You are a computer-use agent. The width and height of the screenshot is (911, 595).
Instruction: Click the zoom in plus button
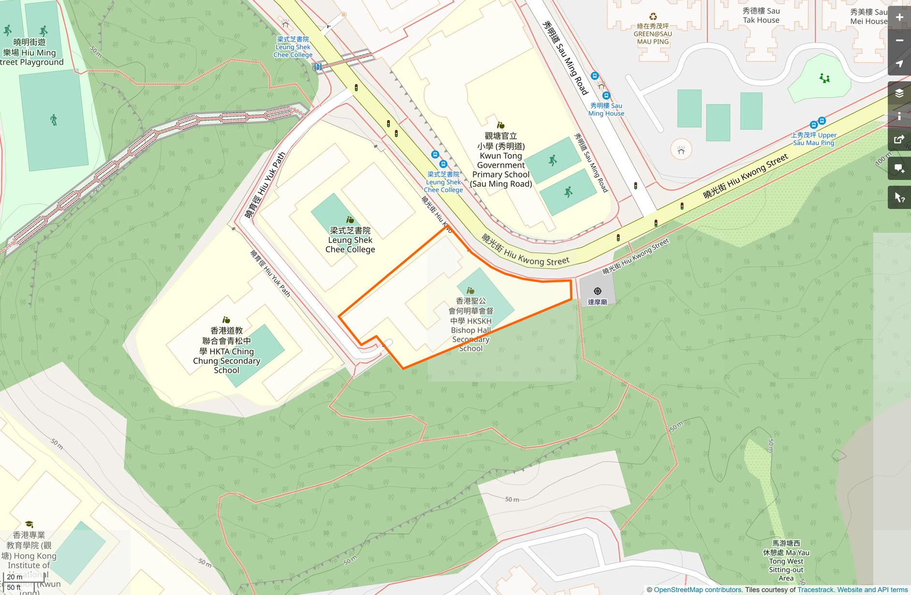point(899,17)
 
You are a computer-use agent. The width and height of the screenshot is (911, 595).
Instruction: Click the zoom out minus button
point(899,41)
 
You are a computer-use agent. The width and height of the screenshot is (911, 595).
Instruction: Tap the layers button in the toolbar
point(899,93)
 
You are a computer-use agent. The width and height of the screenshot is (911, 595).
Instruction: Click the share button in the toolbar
point(899,140)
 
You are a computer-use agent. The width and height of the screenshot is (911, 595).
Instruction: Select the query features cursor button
point(899,197)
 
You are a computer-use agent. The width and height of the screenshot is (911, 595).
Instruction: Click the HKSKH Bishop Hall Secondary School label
point(470,325)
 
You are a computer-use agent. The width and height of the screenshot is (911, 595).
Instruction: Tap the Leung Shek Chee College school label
point(350,240)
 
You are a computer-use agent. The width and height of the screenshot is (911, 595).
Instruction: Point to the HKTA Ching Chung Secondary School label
point(226,350)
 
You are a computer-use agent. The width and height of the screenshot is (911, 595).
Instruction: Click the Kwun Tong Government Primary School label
point(501,160)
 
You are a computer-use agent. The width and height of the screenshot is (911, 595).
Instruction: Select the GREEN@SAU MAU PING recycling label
point(653,34)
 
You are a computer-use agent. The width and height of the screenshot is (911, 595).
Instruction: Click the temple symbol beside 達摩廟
point(598,291)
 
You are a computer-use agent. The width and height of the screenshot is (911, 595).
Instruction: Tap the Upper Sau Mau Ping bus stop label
point(814,139)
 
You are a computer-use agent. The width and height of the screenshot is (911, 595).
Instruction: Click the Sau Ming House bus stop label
point(606,109)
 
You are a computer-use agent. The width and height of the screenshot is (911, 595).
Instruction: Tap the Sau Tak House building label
point(761,15)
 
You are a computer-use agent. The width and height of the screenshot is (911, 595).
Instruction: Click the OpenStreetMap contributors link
point(697,590)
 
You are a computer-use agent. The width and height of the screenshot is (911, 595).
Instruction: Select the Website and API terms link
point(872,590)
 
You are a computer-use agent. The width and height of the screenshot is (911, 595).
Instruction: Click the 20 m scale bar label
point(15,577)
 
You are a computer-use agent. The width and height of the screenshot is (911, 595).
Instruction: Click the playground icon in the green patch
point(824,78)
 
